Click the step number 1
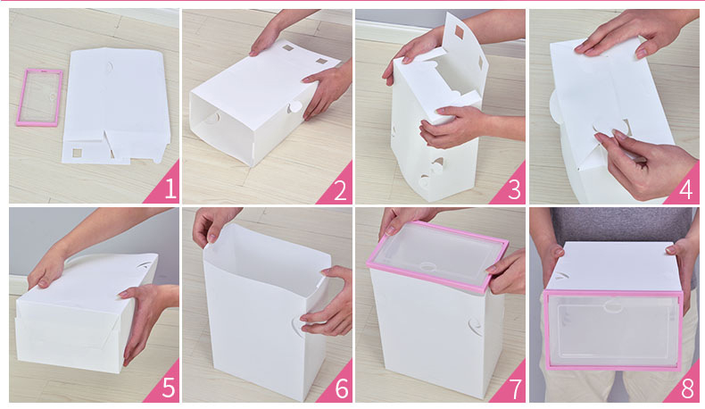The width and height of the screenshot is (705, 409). click(170, 188)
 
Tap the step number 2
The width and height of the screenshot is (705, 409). click(340, 190)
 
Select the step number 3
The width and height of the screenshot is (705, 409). click(514, 190)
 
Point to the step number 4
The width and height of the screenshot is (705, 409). click(685, 190)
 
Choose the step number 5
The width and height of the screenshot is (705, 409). click(169, 388)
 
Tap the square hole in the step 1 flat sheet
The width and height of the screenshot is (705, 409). click(78, 153)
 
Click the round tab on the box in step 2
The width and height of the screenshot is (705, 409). click(295, 107)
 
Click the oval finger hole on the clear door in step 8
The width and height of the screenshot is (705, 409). click(612, 306)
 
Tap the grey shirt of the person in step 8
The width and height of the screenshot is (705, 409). click(621, 225)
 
